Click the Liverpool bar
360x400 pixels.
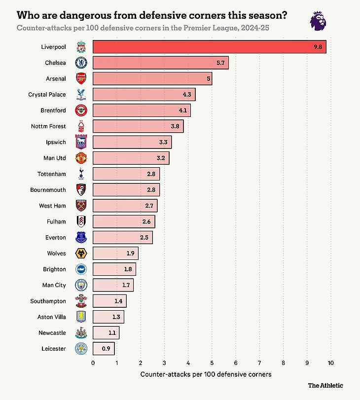[x=210, y=47]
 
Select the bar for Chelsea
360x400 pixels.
[x=161, y=63]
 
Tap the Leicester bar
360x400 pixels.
[x=104, y=349]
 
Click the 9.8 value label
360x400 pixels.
[x=319, y=47]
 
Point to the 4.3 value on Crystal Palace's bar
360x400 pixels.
[x=188, y=95]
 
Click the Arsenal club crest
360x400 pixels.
[x=81, y=79]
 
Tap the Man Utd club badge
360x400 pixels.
[x=81, y=158]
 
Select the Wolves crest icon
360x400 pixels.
[x=81, y=254]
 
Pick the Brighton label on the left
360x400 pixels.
[x=54, y=269]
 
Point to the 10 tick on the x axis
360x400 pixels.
[x=330, y=364]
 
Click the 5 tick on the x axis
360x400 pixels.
[x=212, y=364]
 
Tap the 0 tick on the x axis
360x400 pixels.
[x=93, y=364]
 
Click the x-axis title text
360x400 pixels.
[x=206, y=375]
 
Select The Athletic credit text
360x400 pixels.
[x=325, y=385]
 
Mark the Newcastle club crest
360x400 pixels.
[x=81, y=333]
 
